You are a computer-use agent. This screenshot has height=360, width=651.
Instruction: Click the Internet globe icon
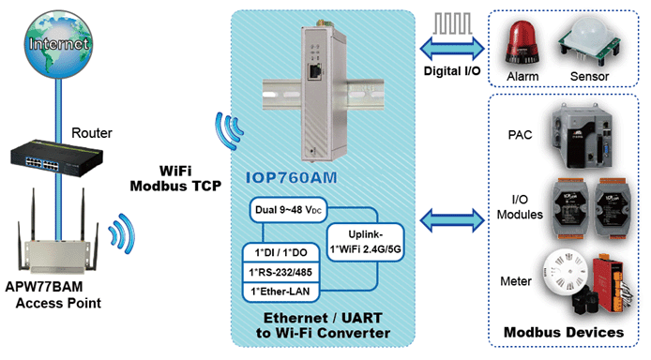(58, 44)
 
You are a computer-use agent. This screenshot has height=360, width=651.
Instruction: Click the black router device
(57, 157)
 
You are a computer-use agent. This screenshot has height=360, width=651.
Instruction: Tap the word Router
(92, 133)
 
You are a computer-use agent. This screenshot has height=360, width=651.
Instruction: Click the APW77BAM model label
(44, 287)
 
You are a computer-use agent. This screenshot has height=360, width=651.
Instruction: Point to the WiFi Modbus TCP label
(175, 179)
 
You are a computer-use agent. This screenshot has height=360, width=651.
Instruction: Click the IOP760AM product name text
(292, 178)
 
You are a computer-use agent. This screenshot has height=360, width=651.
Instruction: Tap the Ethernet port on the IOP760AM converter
(314, 71)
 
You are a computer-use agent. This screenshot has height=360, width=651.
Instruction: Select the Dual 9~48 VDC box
(288, 209)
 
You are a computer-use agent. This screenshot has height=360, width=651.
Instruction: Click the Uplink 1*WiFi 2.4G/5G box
(365, 242)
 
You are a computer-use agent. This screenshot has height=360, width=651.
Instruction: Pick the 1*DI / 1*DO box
(281, 252)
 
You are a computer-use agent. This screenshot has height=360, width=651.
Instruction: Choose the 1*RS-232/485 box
(281, 272)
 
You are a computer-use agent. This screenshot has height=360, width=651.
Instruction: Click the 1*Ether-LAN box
(281, 292)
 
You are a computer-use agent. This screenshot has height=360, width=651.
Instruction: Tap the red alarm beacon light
(522, 43)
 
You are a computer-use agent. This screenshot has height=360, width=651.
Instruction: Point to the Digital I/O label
(452, 71)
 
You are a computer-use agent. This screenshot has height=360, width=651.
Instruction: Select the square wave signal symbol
(452, 23)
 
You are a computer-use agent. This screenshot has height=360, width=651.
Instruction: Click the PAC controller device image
(582, 136)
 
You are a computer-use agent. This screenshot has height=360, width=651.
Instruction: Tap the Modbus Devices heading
(564, 332)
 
